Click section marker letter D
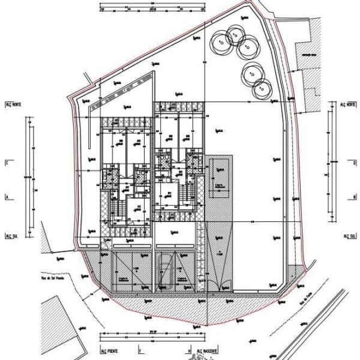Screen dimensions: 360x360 click(x=355, y=162)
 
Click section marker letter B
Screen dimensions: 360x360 click(x=355, y=196)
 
